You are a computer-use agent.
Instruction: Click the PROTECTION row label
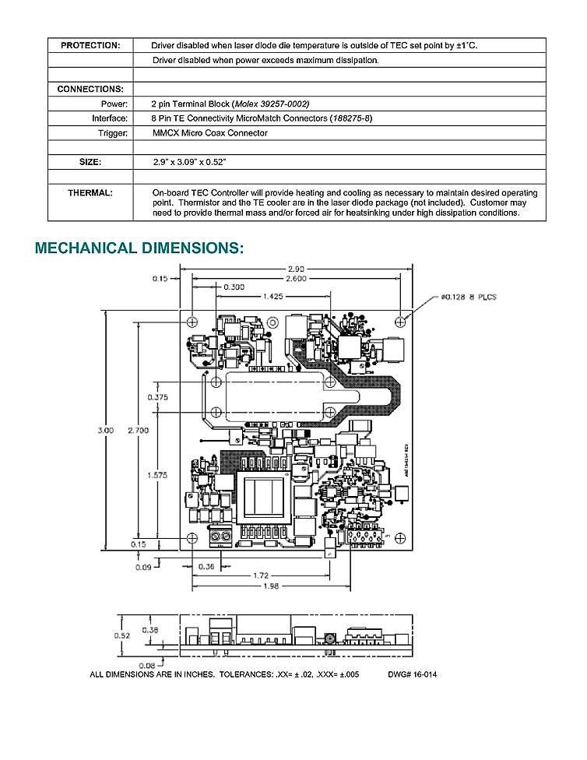[90, 46]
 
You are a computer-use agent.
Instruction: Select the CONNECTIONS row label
[90, 90]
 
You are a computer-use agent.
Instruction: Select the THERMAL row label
[90, 192]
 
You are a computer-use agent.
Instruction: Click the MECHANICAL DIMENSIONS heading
[139, 248]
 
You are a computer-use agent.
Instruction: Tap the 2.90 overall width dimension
[295, 269]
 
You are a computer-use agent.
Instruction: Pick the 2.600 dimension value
[295, 278]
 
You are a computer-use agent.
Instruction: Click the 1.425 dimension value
[272, 296]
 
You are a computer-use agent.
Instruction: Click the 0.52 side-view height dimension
[123, 635]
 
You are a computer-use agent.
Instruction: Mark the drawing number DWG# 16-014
[411, 674]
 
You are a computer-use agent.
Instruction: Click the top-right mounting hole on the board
[400, 320]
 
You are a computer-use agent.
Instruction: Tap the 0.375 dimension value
[158, 397]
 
